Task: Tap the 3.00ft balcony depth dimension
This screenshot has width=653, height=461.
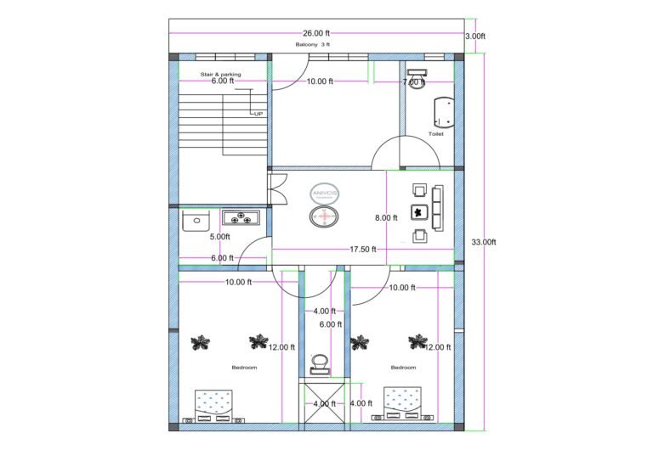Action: (x=475, y=37)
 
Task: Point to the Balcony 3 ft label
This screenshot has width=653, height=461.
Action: (x=313, y=44)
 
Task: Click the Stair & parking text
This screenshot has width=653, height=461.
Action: (x=220, y=74)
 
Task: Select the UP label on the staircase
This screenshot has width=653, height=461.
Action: (x=257, y=113)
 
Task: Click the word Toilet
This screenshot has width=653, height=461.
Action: (x=435, y=133)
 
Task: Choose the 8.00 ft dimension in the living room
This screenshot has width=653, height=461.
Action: (x=386, y=218)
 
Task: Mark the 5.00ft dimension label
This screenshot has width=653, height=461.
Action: (x=219, y=237)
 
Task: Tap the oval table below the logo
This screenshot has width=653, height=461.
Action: (x=325, y=219)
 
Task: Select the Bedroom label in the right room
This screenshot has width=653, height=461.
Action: (x=403, y=368)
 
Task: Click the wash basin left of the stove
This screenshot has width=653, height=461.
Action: (x=195, y=221)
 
